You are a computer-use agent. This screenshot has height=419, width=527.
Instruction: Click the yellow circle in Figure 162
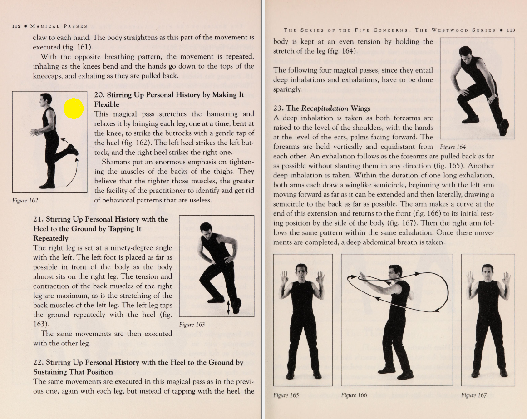pyautogui.click(x=73, y=108)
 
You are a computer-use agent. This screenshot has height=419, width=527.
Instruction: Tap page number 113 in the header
pyautogui.click(x=511, y=30)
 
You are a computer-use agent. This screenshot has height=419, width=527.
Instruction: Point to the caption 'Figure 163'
pyautogui.click(x=192, y=324)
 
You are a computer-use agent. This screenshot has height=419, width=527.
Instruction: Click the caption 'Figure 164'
pyautogui.click(x=453, y=147)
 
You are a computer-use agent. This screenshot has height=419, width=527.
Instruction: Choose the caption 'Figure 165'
pyautogui.click(x=286, y=395)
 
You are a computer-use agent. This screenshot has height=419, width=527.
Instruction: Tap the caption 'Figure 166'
pyautogui.click(x=354, y=395)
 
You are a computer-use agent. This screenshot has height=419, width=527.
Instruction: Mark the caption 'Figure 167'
pyautogui.click(x=474, y=395)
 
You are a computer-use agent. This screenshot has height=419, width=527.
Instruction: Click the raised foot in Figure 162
pyautogui.click(x=72, y=149)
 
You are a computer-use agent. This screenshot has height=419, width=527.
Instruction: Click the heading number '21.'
pyautogui.click(x=39, y=219)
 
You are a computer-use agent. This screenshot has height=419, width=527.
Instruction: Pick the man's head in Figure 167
pyautogui.click(x=488, y=271)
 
